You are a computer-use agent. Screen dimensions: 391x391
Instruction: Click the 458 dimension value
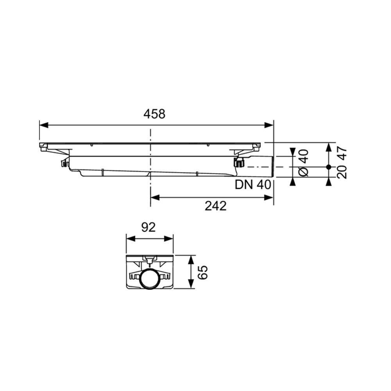click(x=154, y=114)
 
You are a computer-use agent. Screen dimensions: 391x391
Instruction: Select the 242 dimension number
click(x=215, y=206)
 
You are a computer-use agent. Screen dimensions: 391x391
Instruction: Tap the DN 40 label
click(x=253, y=185)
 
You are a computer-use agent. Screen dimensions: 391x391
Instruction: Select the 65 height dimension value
click(x=203, y=272)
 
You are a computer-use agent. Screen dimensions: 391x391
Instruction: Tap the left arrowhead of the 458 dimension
click(x=43, y=125)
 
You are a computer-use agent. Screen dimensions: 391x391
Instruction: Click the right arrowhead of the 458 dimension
click(x=269, y=125)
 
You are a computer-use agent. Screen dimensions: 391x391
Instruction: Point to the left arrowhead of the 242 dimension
click(x=155, y=198)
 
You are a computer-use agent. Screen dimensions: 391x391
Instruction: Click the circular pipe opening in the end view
click(x=149, y=278)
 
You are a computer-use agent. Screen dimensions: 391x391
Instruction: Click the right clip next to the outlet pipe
click(x=239, y=162)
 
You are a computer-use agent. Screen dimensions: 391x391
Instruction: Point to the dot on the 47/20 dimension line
click(x=328, y=167)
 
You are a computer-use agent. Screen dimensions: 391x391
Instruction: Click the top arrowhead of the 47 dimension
click(x=328, y=146)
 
